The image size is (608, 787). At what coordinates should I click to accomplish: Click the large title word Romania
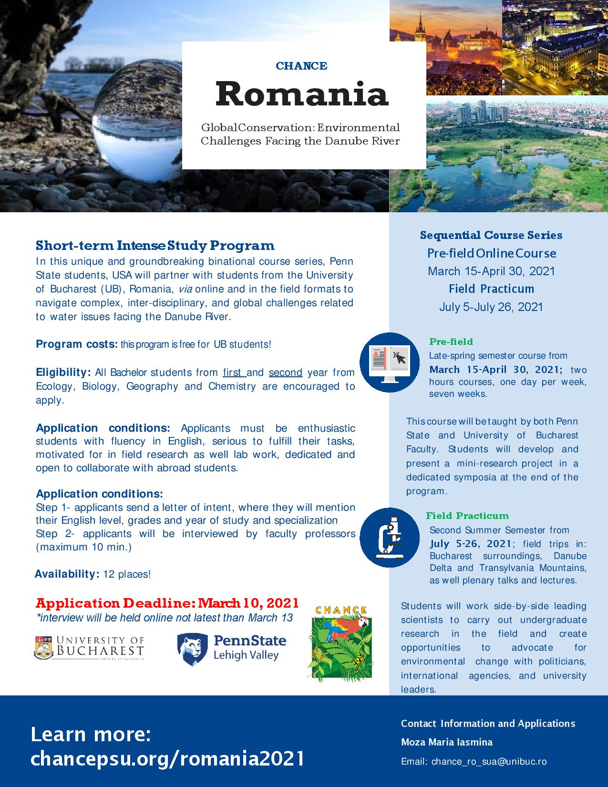click(x=302, y=94)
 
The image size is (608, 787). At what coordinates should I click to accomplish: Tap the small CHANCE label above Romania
click(x=301, y=66)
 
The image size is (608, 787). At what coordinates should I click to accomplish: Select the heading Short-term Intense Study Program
click(x=155, y=246)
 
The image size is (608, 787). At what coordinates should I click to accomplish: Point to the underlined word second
click(x=286, y=373)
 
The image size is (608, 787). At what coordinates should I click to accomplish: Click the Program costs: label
click(x=76, y=344)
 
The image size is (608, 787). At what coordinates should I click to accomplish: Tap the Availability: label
click(x=66, y=574)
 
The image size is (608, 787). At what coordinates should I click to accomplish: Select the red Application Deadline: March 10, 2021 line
click(x=167, y=603)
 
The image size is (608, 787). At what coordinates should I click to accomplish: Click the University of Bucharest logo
click(x=89, y=647)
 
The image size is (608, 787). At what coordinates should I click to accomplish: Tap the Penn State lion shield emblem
click(x=192, y=649)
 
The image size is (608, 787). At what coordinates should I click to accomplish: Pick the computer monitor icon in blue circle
click(x=389, y=362)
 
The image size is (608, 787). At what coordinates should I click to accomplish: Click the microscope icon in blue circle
click(x=389, y=537)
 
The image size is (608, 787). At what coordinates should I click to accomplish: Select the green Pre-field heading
click(x=451, y=342)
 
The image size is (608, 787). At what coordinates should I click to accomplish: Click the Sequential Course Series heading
click(x=491, y=235)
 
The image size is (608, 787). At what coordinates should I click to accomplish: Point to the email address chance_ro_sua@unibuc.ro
click(x=489, y=762)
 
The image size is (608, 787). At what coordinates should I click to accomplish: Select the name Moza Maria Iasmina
click(x=447, y=742)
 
